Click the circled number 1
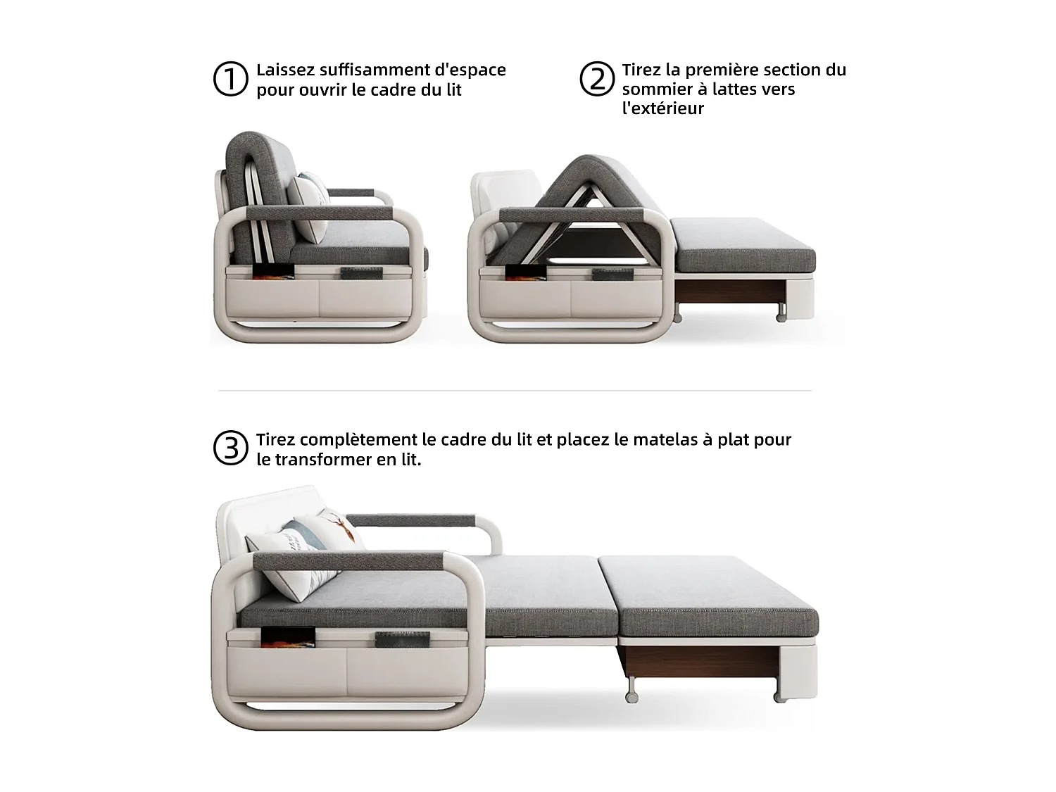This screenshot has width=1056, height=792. [x=230, y=79]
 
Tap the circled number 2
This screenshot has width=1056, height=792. [x=596, y=79]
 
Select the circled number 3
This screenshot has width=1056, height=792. [x=230, y=448]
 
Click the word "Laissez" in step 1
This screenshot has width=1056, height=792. [x=283, y=70]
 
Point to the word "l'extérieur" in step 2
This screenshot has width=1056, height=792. [x=662, y=108]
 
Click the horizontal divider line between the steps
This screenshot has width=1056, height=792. [x=515, y=390]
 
